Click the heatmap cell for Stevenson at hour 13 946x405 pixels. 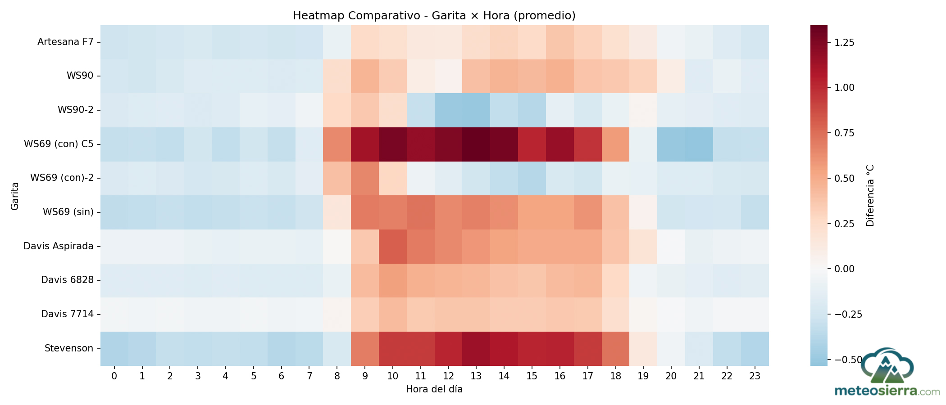tap(476, 348)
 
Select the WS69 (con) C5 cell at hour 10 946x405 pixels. tap(392, 144)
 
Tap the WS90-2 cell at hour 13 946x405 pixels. tap(476, 110)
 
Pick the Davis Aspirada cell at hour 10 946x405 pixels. tap(392, 246)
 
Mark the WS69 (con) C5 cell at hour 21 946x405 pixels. tap(699, 144)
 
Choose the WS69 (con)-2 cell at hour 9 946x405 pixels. tap(365, 178)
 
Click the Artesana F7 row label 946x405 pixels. tap(65, 42)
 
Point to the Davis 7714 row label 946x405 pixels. tap(67, 314)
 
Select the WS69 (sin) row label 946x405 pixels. tap(68, 212)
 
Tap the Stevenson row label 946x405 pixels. tap(69, 348)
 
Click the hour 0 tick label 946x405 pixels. tap(114, 376)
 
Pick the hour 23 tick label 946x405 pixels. tap(755, 376)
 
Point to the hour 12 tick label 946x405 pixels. tap(448, 376)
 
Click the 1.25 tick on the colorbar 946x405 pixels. tap(844, 43)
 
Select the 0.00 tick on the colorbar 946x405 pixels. tap(844, 269)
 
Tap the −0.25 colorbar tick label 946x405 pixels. tap(848, 314)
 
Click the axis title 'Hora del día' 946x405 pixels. tap(434, 389)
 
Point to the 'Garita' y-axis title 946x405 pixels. tap(15, 196)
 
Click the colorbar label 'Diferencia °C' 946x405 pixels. tap(870, 196)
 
